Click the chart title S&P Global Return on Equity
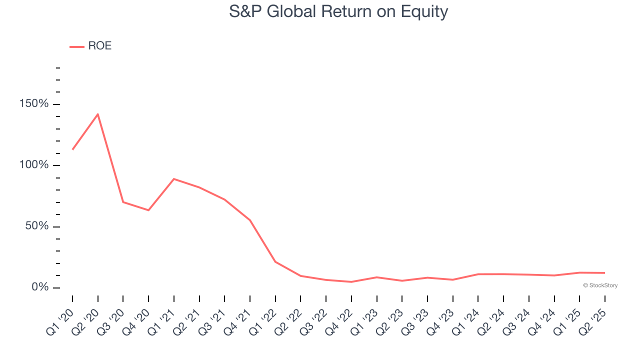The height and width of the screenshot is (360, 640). [x=338, y=12]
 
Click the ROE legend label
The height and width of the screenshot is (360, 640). [x=99, y=45]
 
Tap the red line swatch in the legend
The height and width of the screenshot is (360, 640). [x=77, y=47]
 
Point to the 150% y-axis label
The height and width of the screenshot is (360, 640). [x=34, y=103]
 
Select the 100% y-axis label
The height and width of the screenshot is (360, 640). [x=34, y=164]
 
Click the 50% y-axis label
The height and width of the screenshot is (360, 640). [x=37, y=225]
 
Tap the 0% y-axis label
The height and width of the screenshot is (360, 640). [x=40, y=287]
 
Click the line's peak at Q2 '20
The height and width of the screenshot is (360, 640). [x=97, y=114]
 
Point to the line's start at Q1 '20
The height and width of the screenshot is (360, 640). [x=72, y=149]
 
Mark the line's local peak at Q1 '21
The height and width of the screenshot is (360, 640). [x=173, y=179]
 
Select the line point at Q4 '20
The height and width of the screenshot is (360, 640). [x=148, y=210]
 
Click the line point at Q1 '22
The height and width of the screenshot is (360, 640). [x=275, y=261]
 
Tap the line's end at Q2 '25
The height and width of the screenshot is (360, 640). [x=605, y=273]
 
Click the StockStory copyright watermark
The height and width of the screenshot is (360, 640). [x=600, y=285]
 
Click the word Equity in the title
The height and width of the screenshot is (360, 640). [x=424, y=12]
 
